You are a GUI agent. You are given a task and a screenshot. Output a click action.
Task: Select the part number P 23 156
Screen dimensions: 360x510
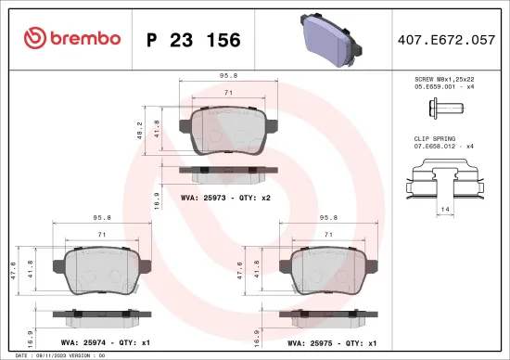tap(194, 40)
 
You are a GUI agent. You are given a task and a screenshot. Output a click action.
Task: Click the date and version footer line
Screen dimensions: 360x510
tap(56, 355)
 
